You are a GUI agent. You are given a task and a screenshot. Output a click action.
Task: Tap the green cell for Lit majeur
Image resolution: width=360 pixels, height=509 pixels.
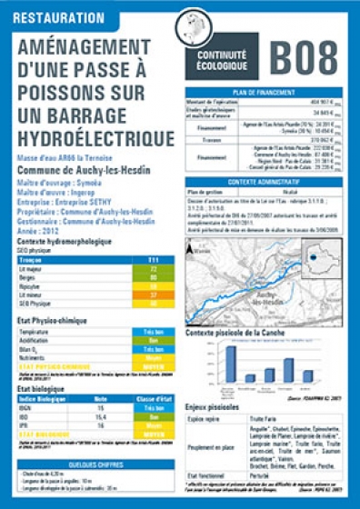(154, 269)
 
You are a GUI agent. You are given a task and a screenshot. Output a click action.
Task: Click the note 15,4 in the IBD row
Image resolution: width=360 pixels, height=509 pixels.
(101, 416)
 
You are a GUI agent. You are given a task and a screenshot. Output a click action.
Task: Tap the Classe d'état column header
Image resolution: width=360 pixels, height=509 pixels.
(154, 400)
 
